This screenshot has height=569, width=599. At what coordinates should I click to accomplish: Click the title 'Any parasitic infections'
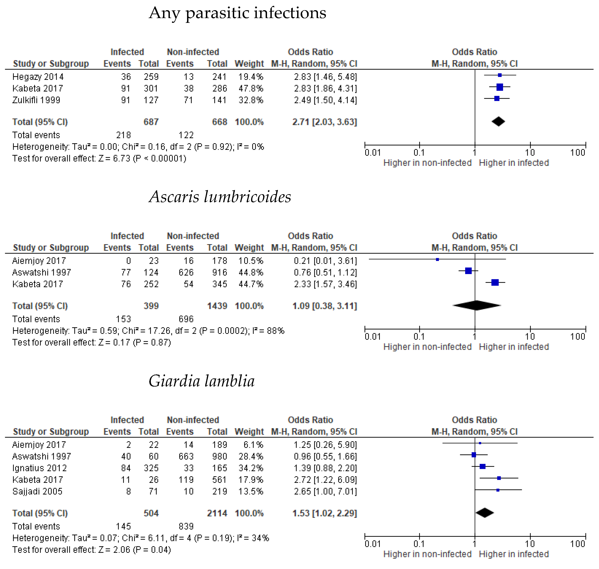tap(237, 13)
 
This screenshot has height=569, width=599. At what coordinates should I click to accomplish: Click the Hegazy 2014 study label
tap(38, 77)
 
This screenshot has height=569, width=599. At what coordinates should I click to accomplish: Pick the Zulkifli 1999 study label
tap(36, 100)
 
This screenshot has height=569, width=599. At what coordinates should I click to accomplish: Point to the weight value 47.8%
tap(251, 88)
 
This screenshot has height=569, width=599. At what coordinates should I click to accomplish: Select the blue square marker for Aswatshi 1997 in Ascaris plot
tap(468, 270)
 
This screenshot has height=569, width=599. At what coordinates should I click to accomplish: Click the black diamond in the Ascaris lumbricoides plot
tap(476, 305)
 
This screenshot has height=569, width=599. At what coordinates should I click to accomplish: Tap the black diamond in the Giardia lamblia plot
tap(485, 513)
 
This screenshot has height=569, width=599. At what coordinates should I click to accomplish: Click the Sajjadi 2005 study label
tap(37, 491)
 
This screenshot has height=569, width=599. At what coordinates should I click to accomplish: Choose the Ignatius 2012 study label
tap(39, 468)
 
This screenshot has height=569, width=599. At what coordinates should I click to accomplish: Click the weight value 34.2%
tap(251, 468)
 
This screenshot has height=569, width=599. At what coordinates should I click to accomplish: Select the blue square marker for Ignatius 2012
tap(482, 466)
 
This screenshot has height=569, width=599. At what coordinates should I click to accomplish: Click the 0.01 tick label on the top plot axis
tap(373, 153)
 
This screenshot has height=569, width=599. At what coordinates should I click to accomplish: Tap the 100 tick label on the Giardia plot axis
tap(577, 544)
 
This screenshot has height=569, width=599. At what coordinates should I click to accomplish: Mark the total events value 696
tap(186, 319)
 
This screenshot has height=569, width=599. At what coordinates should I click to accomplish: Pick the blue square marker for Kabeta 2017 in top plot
tap(500, 87)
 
